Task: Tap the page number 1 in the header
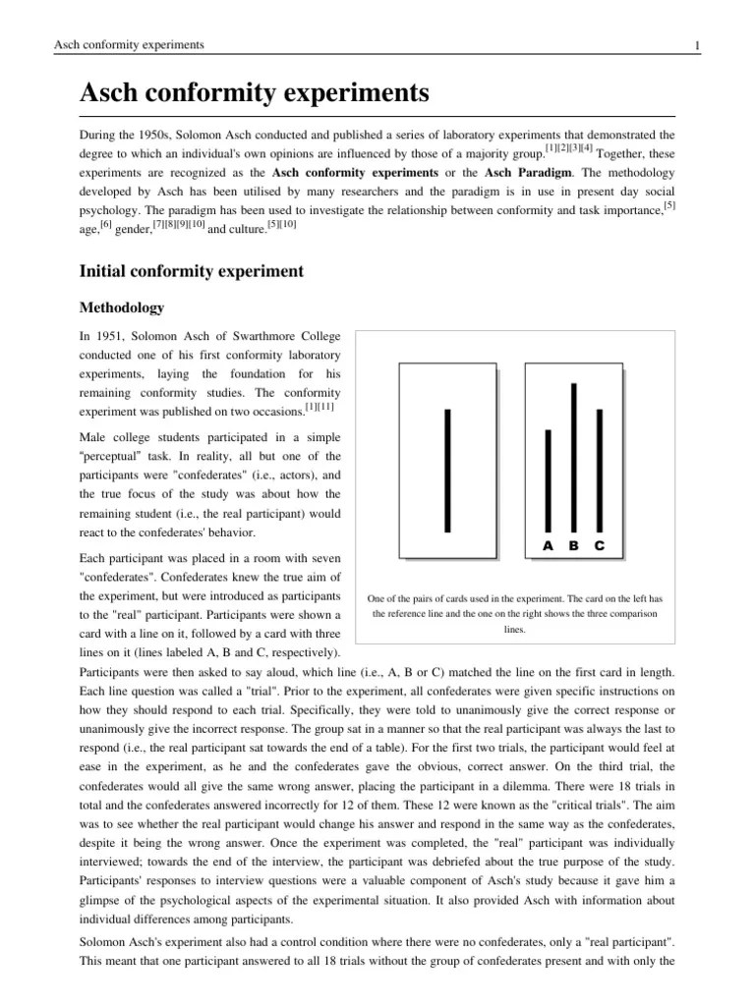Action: point(696,45)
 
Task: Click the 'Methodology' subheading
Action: point(123,307)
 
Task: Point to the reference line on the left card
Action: point(447,470)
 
